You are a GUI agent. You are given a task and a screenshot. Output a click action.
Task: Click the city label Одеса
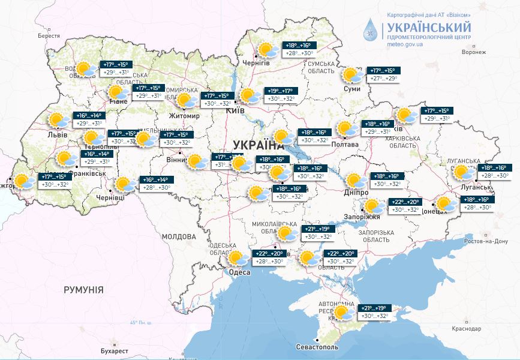pos(240,272)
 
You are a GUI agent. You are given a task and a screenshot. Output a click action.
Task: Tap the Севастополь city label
pos(317,347)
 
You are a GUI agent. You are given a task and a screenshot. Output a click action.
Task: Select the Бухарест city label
pos(112,350)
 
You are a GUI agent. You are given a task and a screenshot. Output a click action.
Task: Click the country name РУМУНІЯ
pos(83,290)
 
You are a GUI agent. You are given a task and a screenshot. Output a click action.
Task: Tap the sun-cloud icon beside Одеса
pos(239,259)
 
